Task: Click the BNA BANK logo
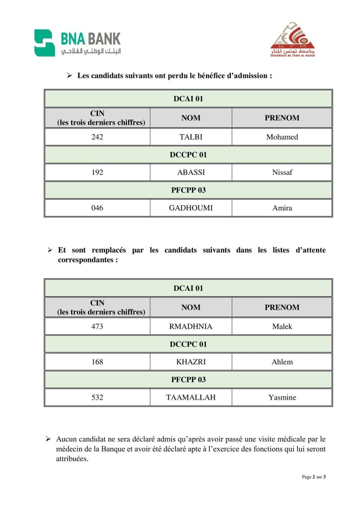[x=77, y=43]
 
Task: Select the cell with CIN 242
[x=97, y=137]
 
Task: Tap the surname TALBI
[x=191, y=137]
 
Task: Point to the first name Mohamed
[x=282, y=137]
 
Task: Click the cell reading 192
[x=97, y=172]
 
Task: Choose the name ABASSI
[x=191, y=172]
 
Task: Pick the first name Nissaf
[x=282, y=172]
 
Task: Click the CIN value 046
[x=97, y=208]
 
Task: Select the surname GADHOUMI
[x=191, y=208]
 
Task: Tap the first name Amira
[x=282, y=208]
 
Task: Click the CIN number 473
[x=97, y=327]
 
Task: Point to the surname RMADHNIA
[x=191, y=327]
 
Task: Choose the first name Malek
[x=282, y=327]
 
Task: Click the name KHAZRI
[x=191, y=362]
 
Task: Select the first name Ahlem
[x=282, y=362]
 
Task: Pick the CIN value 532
[x=97, y=397]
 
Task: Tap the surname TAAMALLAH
[x=191, y=397]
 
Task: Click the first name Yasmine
[x=282, y=397]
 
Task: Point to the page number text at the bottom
[x=314, y=477]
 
